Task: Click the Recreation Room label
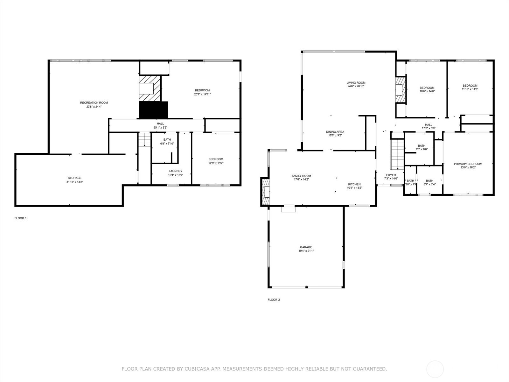coord(94,103)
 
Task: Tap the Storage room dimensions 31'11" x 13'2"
coord(74,182)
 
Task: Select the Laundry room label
coord(176,171)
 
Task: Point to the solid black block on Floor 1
coord(153,110)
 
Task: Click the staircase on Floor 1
coord(144,139)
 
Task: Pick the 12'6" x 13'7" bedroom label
coord(216,159)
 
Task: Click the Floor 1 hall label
coord(160,124)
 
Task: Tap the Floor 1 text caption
coord(21,218)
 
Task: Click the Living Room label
coord(356,83)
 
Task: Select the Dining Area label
coord(335,132)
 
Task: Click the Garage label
coord(306,247)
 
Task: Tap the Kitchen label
coord(354,184)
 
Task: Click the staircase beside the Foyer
coord(397,154)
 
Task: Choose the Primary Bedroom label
coord(468,164)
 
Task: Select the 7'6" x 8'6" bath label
coord(422,146)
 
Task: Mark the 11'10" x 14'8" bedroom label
coord(470,86)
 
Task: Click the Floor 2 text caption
coord(274,300)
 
